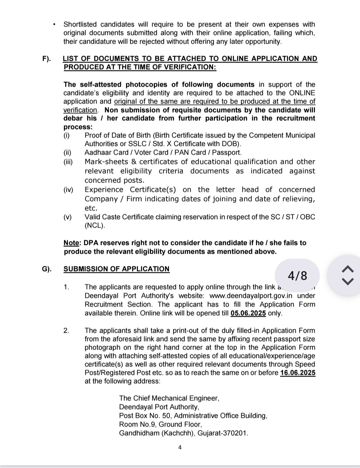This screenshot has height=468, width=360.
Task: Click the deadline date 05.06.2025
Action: coord(248,313)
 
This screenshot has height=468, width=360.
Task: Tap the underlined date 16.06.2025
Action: coord(298,373)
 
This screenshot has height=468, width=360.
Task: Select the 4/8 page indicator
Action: coord(297,275)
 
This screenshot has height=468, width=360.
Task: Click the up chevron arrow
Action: coord(348,269)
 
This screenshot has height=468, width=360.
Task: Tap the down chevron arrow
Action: coord(348,281)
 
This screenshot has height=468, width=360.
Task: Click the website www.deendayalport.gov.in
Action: coord(251,296)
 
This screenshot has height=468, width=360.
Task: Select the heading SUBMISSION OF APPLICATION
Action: coord(116,269)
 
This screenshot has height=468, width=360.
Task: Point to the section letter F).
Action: coord(46,59)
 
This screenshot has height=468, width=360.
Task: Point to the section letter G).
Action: coord(47,269)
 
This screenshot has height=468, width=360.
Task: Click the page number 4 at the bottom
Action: coord(180,448)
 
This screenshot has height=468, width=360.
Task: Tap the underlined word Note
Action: coord(71,243)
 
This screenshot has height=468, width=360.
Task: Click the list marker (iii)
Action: coord(68,162)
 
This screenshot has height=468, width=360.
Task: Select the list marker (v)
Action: coord(68,217)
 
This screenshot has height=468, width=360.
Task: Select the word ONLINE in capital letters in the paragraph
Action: coord(302,93)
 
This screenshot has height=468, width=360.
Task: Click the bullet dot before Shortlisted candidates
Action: coord(54,25)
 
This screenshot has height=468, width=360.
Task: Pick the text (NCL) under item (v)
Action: coord(95,225)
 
